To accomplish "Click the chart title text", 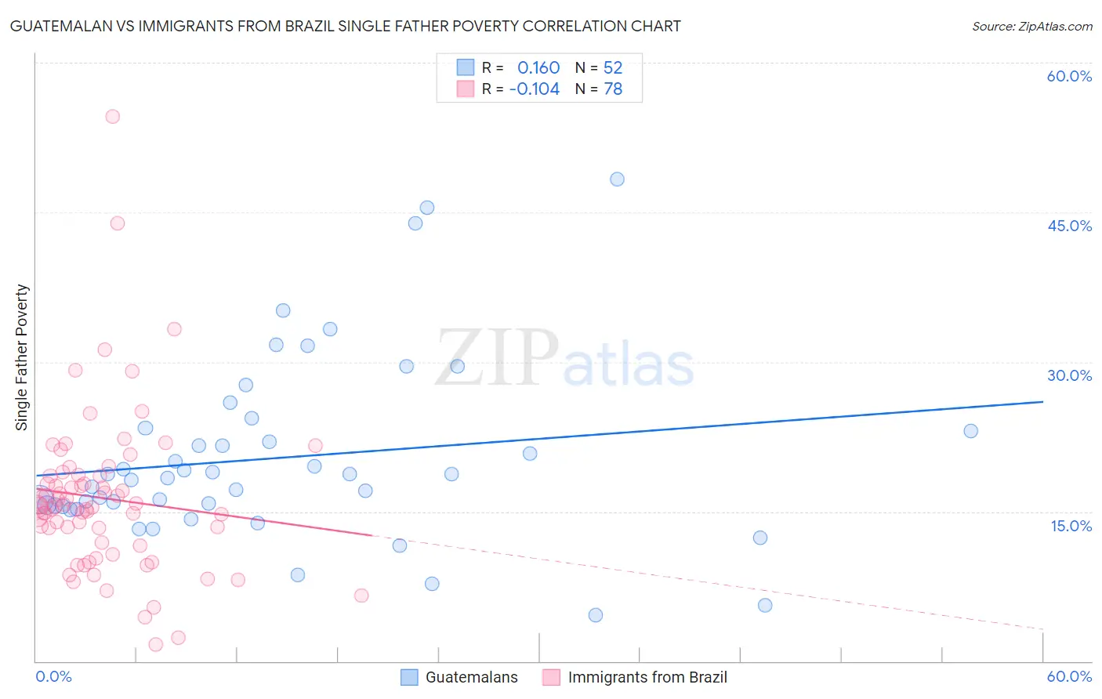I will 345,26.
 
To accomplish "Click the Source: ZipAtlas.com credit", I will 1031,26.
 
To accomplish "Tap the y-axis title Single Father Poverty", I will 22,357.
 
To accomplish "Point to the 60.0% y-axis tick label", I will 1069,76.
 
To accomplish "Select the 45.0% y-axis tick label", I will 1069,226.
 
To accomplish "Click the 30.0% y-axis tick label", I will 1069,375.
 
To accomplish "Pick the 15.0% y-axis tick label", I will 1071,526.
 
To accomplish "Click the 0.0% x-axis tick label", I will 53,676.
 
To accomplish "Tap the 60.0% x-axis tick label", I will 1069,676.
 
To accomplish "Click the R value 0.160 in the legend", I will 538,68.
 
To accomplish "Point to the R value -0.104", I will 535,89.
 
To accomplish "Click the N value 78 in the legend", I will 613,89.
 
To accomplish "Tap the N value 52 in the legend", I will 613,68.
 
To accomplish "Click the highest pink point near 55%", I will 112,117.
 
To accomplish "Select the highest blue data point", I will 617,179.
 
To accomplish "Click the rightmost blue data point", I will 970,431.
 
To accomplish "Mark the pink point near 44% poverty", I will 118,223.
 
